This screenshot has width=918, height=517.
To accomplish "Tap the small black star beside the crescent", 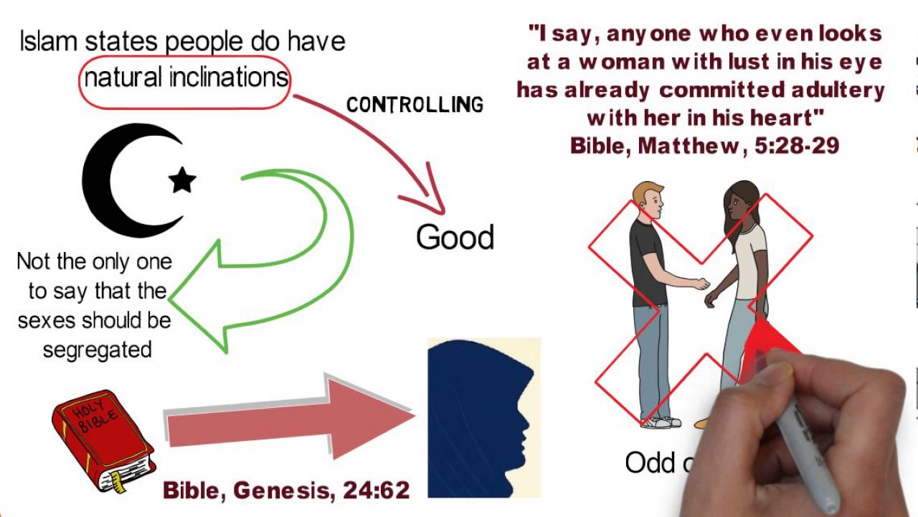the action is (x=182, y=180).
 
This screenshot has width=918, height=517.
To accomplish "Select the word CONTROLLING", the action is (x=415, y=105).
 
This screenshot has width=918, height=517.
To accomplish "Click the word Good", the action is (x=455, y=238).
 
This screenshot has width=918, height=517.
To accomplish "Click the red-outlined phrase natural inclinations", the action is (x=186, y=78).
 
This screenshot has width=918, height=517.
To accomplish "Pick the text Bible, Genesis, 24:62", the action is (x=286, y=490).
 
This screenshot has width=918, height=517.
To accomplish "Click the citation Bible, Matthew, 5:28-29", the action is (x=704, y=146).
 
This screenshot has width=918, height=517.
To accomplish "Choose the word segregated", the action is (x=97, y=350).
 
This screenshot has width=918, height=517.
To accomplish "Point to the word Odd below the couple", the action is (x=650, y=463).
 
